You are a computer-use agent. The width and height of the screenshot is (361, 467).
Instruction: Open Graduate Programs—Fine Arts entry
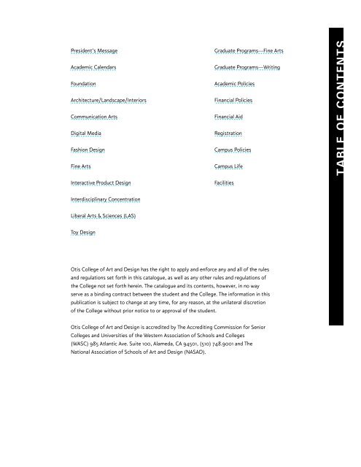click(249, 50)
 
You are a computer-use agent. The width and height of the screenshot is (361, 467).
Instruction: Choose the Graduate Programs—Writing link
click(247, 67)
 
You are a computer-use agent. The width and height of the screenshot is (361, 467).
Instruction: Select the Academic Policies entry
click(235, 84)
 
